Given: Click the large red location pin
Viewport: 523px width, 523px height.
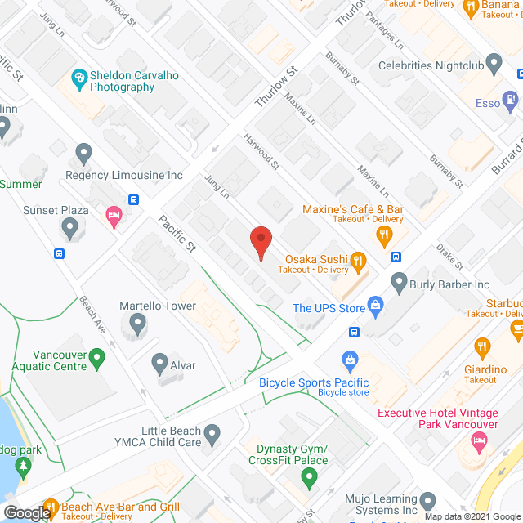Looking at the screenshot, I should click(x=260, y=243).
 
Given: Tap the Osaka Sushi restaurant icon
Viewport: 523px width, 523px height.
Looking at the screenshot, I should click(x=357, y=261).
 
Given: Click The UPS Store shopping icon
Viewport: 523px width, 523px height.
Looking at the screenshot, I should click(x=376, y=307).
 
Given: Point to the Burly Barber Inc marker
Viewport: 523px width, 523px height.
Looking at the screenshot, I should click(x=399, y=284).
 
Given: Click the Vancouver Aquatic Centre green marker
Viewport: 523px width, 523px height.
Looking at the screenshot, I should click(x=96, y=357).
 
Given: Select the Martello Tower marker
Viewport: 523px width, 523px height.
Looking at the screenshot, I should click(x=136, y=326).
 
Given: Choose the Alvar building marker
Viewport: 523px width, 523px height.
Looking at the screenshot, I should click(x=159, y=364).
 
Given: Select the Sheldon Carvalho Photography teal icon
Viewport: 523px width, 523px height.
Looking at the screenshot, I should click(x=80, y=79).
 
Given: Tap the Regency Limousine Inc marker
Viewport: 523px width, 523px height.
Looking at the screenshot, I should click(x=83, y=152).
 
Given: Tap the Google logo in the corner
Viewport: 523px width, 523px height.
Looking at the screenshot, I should click(x=27, y=513).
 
